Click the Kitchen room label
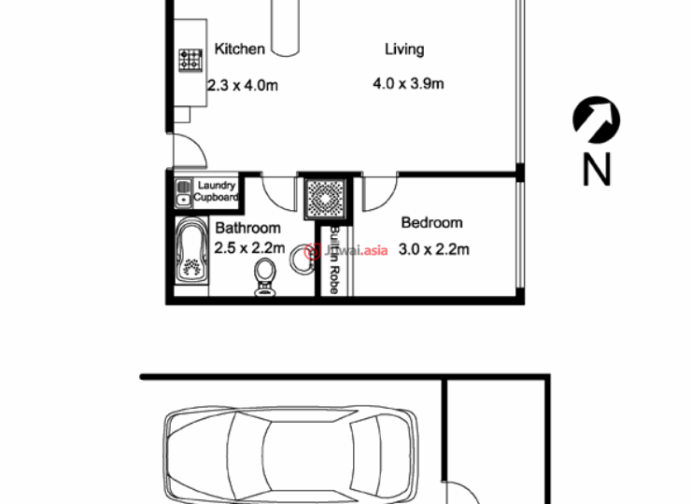point(239,49)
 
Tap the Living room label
point(404,49)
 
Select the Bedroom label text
point(431,222)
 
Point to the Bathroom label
point(247,228)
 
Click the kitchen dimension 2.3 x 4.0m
point(243,85)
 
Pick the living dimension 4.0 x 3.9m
point(408,83)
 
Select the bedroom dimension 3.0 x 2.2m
point(433,249)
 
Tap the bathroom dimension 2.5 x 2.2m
point(249,248)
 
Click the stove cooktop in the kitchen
point(190,61)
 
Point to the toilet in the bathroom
point(265,276)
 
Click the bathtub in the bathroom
point(191,251)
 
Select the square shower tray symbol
point(325,198)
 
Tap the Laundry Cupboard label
point(216,191)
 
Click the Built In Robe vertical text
point(334,259)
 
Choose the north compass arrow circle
point(597,120)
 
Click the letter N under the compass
point(597,169)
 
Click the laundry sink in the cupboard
point(183,200)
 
